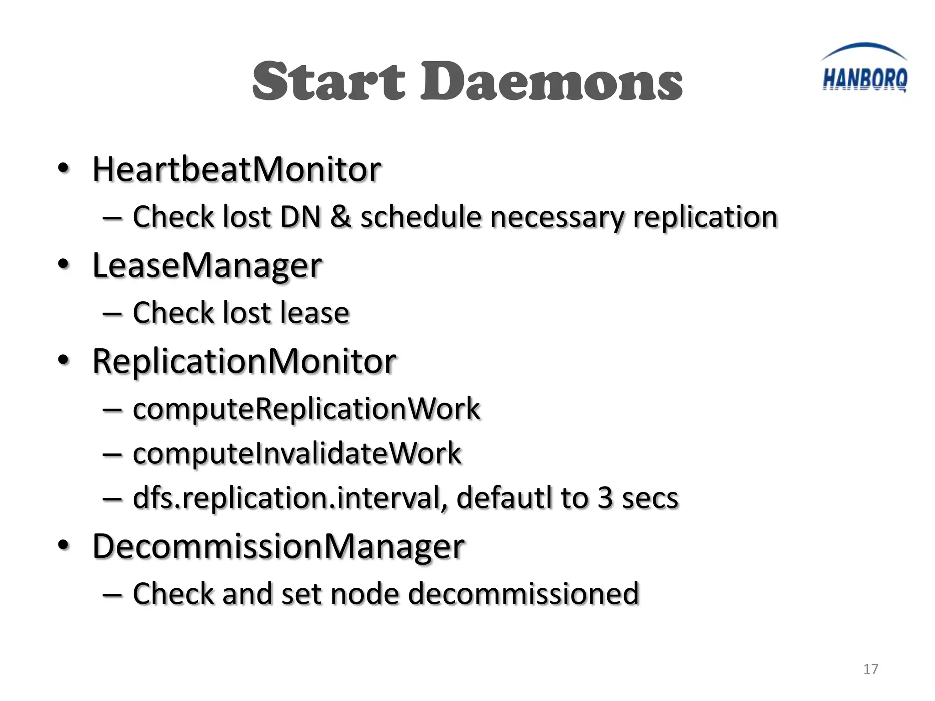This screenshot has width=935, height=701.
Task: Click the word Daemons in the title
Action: (x=551, y=82)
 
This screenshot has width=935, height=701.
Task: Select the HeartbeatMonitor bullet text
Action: (x=236, y=169)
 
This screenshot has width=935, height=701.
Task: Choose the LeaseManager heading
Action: (x=207, y=266)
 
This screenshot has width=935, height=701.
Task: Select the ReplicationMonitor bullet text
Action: (x=244, y=361)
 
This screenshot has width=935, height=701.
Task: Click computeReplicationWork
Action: (x=306, y=409)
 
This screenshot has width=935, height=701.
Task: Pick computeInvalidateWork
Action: (x=297, y=454)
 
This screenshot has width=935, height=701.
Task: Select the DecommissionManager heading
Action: (x=278, y=546)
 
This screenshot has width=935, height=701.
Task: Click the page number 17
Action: (x=870, y=669)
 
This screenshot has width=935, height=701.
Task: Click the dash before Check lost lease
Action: (x=112, y=314)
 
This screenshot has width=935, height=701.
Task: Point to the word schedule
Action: (x=420, y=217)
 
